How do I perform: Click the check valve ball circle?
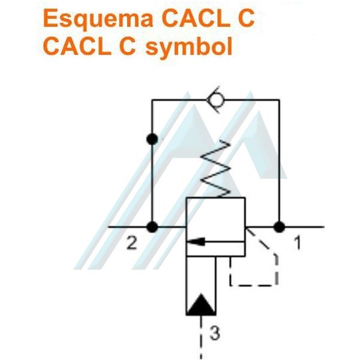point(215,100)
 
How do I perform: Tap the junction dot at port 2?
point(152,227)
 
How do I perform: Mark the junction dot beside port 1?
point(278,227)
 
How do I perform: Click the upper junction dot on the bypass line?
point(152,139)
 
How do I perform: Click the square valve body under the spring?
point(215,216)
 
